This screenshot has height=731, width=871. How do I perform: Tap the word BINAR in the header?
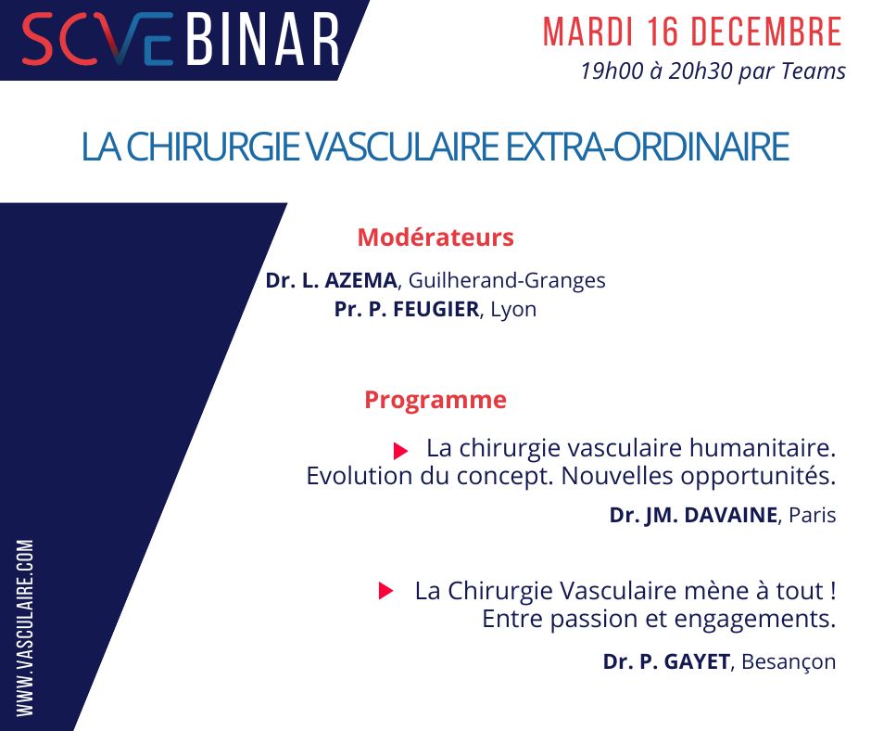tap(262, 41)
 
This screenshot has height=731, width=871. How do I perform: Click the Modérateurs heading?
tap(435, 237)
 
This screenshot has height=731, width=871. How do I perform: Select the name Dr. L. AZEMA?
tap(331, 280)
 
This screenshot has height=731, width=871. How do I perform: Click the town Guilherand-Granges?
tap(507, 280)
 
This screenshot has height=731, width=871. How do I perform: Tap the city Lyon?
tap(513, 310)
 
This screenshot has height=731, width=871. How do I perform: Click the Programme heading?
tap(435, 400)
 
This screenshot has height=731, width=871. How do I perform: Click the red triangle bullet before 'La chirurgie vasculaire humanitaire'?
tap(400, 451)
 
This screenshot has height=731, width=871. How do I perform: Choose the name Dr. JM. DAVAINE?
tap(693, 516)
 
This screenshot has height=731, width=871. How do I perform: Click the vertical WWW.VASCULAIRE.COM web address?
tap(25, 627)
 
